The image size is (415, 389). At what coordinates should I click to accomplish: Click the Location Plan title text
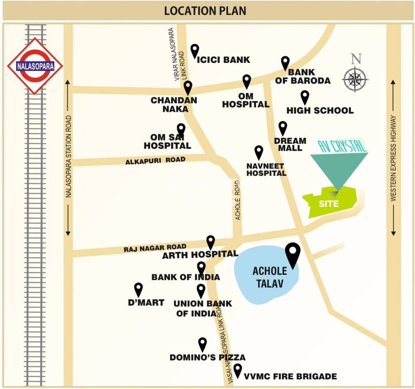(x=205, y=11)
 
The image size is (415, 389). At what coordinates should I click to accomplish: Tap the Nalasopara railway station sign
(x=35, y=66)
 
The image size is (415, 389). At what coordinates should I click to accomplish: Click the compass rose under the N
(x=355, y=79)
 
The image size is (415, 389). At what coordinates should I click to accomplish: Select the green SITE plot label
(x=329, y=203)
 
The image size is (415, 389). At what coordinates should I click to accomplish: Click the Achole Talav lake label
(x=270, y=277)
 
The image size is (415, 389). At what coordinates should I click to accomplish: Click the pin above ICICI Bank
(x=195, y=51)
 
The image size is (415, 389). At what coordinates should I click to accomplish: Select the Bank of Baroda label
(x=303, y=76)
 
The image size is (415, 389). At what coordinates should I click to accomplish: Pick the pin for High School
(x=305, y=97)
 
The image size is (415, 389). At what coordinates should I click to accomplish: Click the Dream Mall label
(x=290, y=144)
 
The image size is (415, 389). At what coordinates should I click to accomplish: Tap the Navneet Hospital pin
(x=259, y=152)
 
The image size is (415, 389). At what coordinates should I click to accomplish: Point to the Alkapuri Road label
(x=155, y=160)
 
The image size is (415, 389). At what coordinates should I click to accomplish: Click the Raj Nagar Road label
(x=155, y=248)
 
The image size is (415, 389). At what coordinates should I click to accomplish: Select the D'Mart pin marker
(x=139, y=289)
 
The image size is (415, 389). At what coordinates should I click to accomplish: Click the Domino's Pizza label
(x=207, y=357)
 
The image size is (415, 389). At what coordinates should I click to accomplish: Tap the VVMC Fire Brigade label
(x=290, y=376)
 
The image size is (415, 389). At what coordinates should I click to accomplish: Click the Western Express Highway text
(x=393, y=158)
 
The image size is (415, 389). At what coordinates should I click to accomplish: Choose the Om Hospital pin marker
(x=247, y=81)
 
